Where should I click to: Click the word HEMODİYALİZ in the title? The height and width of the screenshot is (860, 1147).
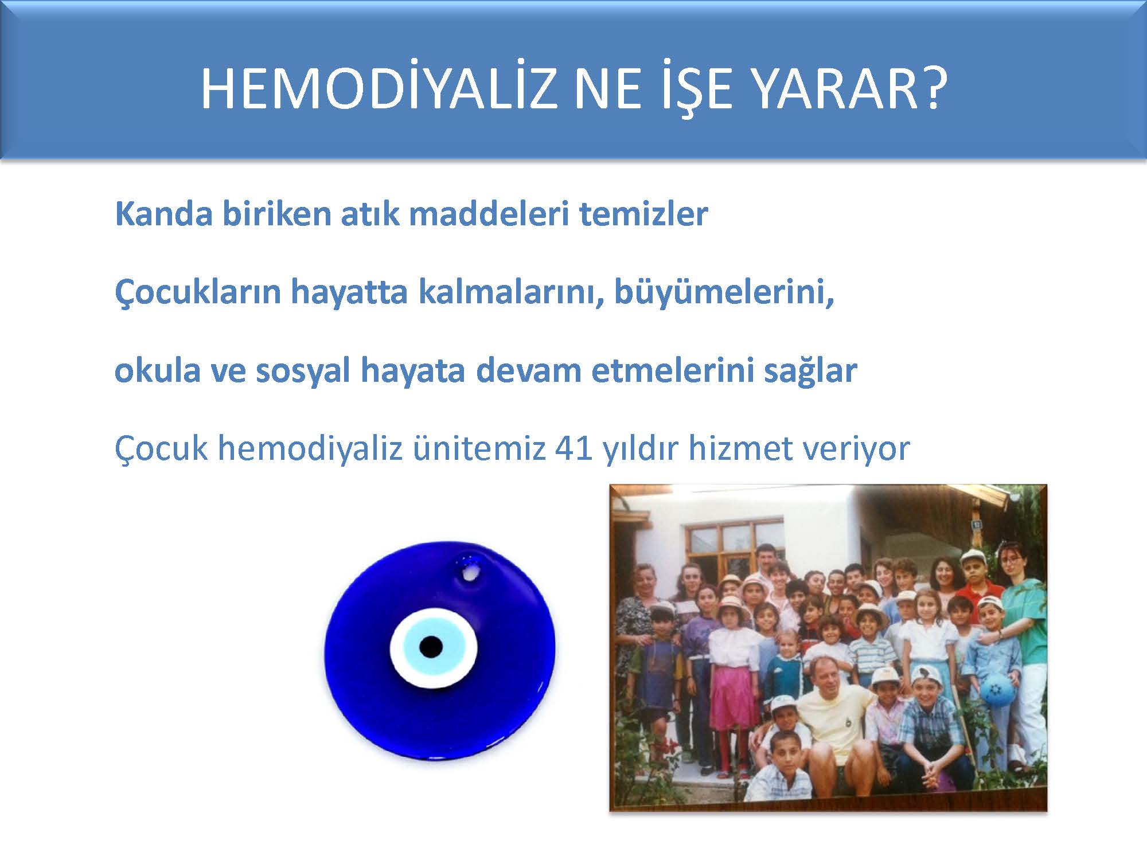(x=379, y=89)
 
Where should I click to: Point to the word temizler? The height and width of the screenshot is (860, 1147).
(x=643, y=214)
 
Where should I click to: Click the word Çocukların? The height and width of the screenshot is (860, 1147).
(x=197, y=293)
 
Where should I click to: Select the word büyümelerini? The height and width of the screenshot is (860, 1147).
(x=724, y=293)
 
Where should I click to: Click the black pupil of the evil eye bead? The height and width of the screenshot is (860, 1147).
(x=431, y=647)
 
